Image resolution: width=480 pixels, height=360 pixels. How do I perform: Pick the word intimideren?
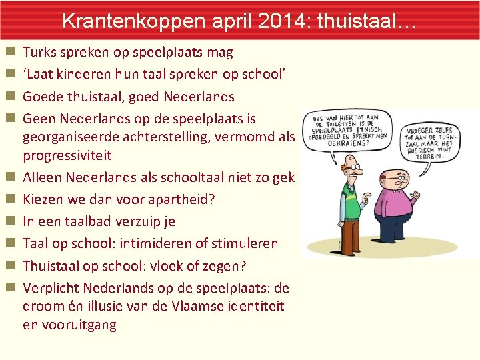tap(157, 243)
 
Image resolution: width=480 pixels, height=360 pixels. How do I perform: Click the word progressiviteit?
tap(67, 155)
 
